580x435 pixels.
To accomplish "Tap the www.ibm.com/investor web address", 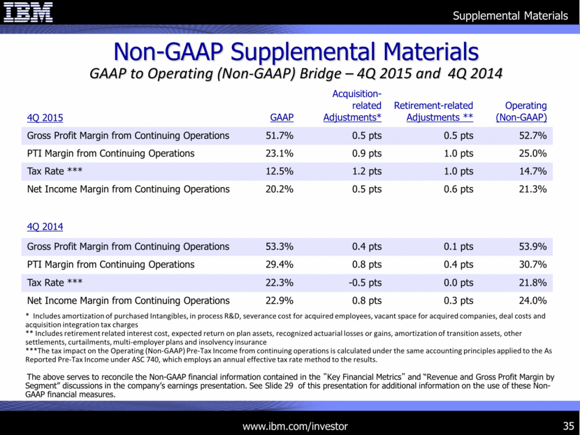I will coord(295,425).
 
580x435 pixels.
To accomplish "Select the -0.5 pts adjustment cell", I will coord(363,283).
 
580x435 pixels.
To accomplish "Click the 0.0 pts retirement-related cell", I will coord(458,283).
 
